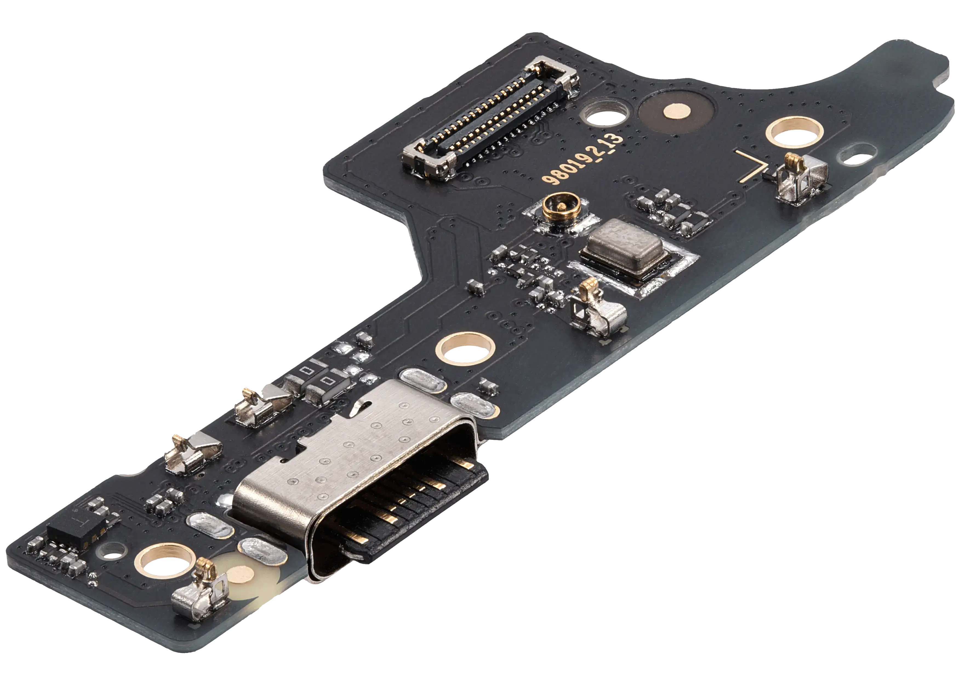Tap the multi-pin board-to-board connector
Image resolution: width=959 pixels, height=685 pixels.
click(x=489, y=120)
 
